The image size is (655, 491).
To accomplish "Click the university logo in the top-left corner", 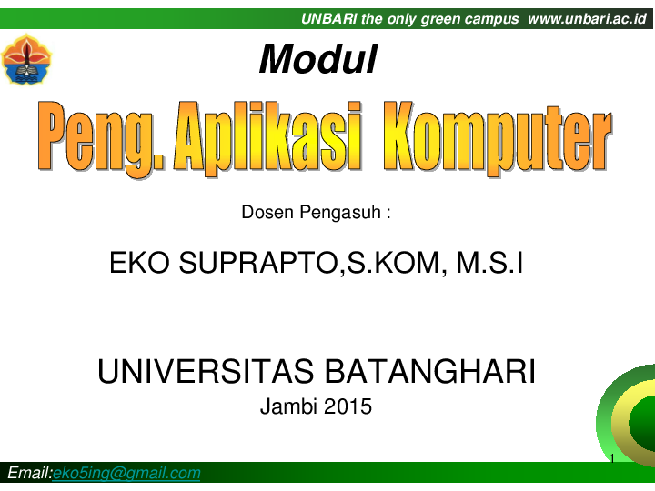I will click(27, 59).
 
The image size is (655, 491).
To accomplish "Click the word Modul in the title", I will click(317, 60).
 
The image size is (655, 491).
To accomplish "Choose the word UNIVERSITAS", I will click(207, 371).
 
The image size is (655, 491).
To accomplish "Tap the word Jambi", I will click(285, 406).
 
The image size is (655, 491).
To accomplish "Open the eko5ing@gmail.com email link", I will click(126, 474).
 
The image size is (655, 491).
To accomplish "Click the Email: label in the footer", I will click(30, 474).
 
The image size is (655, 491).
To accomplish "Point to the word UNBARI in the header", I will click(329, 18).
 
